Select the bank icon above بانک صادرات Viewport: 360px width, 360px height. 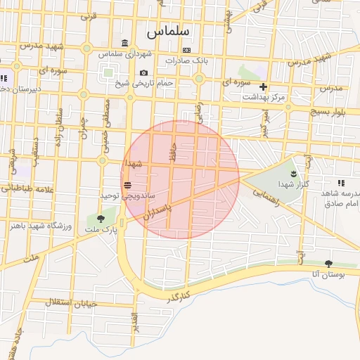[186, 50]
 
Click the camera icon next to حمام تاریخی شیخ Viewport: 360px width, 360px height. [143, 73]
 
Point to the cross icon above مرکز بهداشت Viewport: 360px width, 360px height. [264, 87]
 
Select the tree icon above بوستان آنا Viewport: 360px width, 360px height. [328, 264]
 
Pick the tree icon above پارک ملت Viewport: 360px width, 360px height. [101, 218]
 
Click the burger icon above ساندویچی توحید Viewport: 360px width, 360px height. [127, 185]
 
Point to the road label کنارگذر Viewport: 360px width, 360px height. [179, 297]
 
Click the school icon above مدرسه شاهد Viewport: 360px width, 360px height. [341, 183]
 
